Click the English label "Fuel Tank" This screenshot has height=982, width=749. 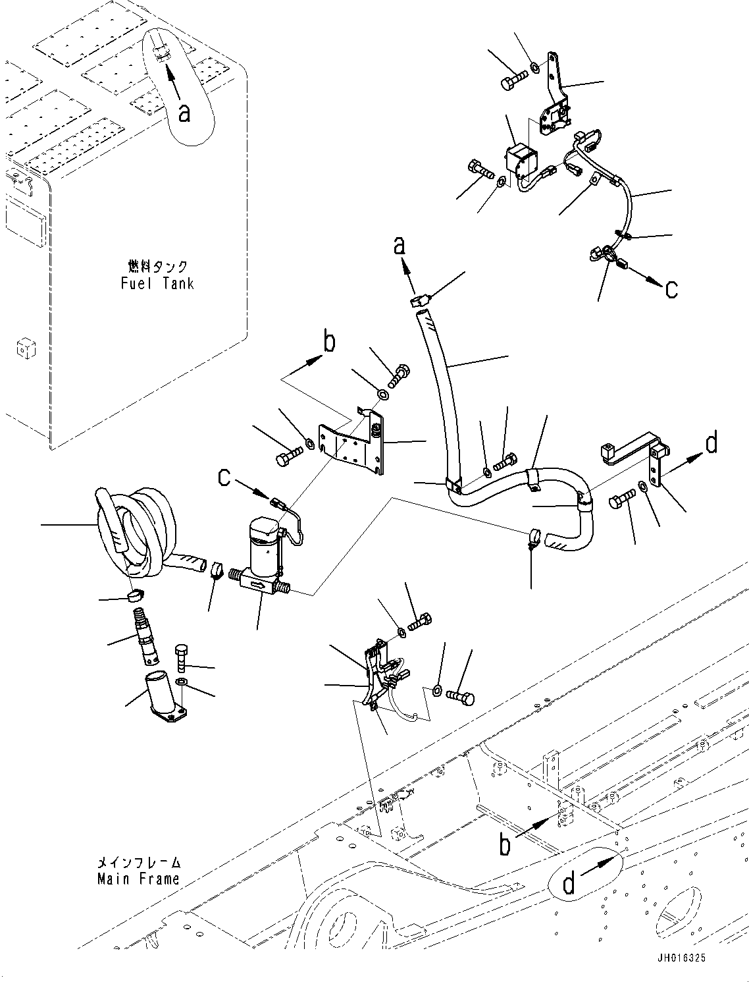157,284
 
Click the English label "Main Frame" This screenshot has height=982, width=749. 138,879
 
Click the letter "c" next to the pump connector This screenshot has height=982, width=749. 224,477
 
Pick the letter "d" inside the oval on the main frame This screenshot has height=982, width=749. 569,883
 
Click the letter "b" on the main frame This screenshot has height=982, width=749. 504,844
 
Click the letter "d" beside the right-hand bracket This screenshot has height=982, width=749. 711,443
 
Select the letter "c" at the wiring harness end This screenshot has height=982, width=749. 671,288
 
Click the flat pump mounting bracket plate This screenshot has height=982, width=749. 349,446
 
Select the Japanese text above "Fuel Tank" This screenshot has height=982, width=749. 157,267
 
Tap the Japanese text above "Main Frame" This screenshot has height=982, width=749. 138,862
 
